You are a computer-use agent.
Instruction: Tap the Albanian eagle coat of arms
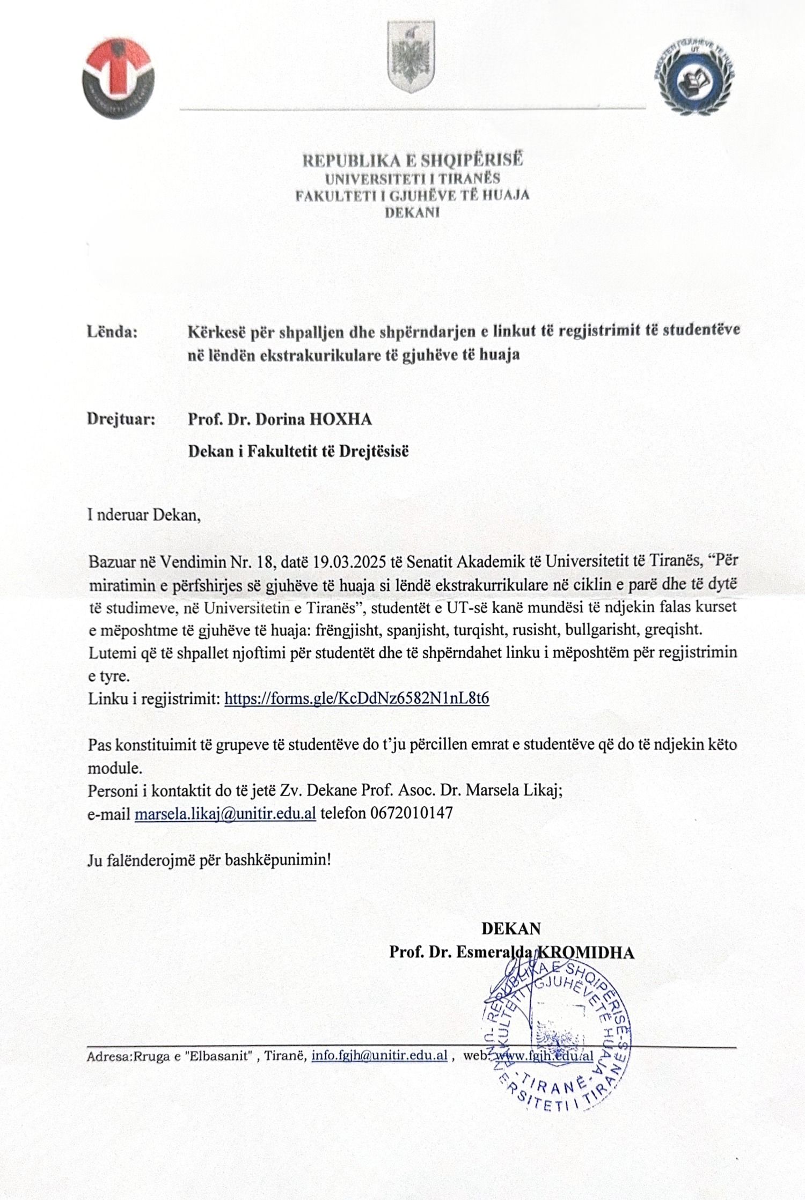point(412,57)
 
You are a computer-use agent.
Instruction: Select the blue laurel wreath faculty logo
point(694,76)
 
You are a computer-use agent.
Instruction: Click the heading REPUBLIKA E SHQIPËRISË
point(412,160)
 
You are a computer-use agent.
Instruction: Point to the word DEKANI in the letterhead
point(412,212)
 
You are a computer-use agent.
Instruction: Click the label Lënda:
point(112,332)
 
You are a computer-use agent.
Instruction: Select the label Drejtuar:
point(121,419)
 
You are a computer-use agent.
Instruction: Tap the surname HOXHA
point(341,419)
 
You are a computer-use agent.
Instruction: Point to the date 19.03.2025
point(347,562)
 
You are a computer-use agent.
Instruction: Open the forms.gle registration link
point(356,698)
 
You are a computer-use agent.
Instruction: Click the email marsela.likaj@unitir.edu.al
point(225,813)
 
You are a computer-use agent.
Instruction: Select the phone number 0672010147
point(411,813)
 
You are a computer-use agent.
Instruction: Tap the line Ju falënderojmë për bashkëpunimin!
point(209,860)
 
